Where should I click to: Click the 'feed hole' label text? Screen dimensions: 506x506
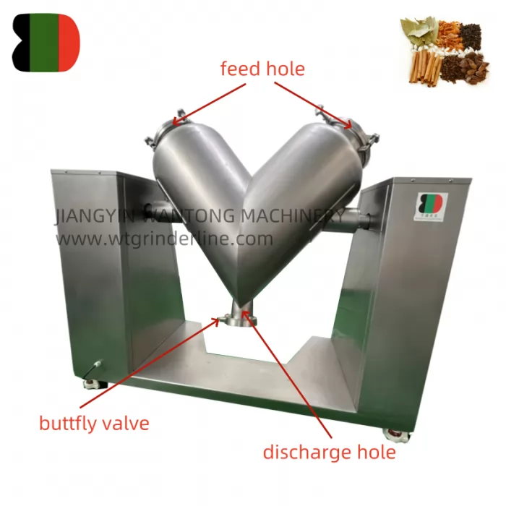point(262,69)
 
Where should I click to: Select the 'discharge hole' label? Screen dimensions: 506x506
point(329,453)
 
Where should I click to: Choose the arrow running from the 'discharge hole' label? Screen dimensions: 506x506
point(289,376)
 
